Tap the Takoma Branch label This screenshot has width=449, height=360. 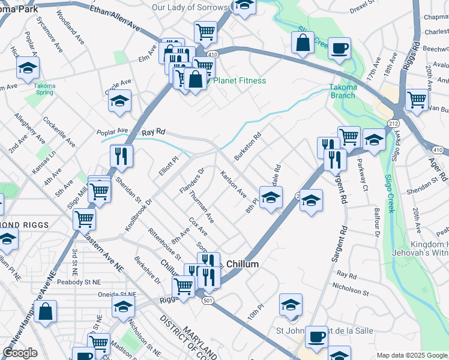[343, 91]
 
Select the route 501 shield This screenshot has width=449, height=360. [208, 300]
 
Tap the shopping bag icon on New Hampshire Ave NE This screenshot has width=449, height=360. [46, 311]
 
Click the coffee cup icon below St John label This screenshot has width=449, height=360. [316, 337]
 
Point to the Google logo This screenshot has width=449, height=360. [20, 352]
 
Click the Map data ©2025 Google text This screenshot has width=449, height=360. [412, 355]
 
